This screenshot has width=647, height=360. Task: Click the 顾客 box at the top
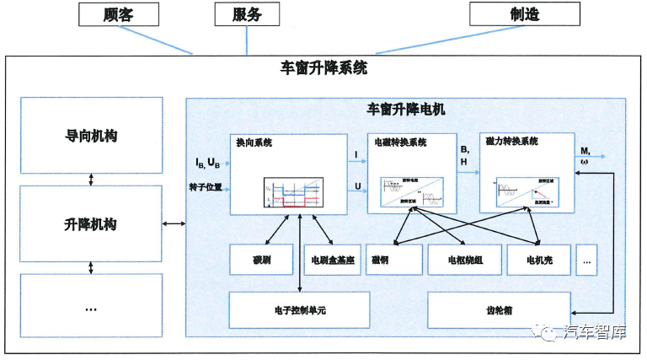point(119,14)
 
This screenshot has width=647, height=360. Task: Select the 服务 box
point(248,14)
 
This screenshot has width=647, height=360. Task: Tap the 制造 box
point(525,14)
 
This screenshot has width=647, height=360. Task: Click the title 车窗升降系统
point(323,68)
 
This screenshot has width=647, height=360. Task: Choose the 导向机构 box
point(91,136)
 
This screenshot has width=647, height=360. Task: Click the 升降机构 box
point(91,223)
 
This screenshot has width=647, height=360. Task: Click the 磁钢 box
point(393,260)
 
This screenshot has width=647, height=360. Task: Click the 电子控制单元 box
point(299,310)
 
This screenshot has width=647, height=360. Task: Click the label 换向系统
point(255,143)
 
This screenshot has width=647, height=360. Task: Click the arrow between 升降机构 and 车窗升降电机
point(174,223)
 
